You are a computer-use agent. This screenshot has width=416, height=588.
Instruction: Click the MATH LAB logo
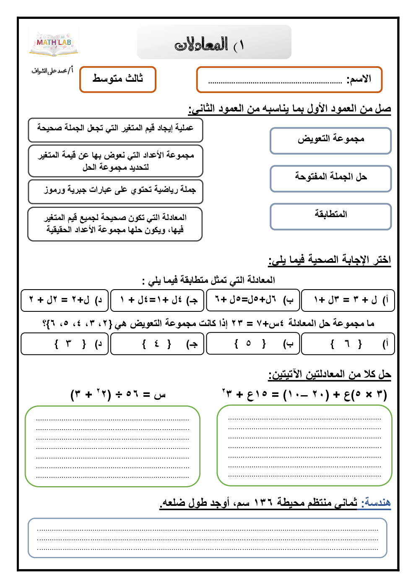54,43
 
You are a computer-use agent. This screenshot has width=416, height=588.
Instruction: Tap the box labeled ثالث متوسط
118,79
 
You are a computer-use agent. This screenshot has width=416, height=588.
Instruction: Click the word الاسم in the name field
359,79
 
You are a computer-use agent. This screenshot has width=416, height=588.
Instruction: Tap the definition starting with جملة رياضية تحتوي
115,191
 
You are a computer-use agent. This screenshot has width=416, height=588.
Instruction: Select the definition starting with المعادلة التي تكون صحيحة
115,224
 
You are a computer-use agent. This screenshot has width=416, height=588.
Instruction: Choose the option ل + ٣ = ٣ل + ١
348,300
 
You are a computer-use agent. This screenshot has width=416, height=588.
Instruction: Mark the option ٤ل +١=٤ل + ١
157,300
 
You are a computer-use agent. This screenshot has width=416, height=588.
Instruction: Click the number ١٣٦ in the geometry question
264,502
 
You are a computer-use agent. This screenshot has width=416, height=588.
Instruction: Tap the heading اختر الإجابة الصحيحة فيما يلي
330,260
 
